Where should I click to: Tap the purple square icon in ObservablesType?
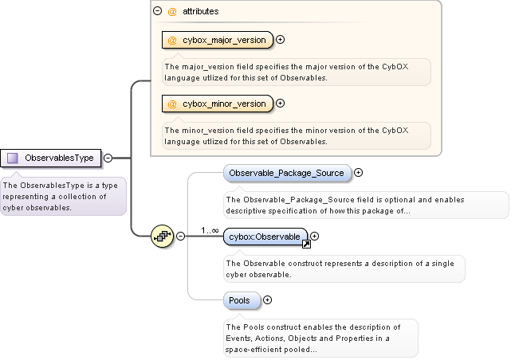[13, 158]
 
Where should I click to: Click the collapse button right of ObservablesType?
[108, 158]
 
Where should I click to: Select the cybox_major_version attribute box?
[218, 40]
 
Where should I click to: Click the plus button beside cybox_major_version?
[280, 40]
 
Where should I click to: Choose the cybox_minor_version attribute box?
[218, 104]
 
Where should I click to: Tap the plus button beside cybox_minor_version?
[280, 104]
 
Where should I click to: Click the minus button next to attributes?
[157, 12]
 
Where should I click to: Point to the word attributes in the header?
[200, 12]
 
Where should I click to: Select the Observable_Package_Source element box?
[286, 173]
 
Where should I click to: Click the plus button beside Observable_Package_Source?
[358, 172]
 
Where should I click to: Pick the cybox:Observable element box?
[266, 237]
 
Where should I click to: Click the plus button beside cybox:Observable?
[314, 236]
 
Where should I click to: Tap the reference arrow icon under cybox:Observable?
[305, 245]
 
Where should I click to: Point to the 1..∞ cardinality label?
[210, 230]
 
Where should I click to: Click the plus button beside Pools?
[267, 300]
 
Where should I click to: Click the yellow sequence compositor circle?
[162, 236]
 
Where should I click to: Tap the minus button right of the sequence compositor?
[180, 236]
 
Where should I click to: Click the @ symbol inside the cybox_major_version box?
[172, 40]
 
